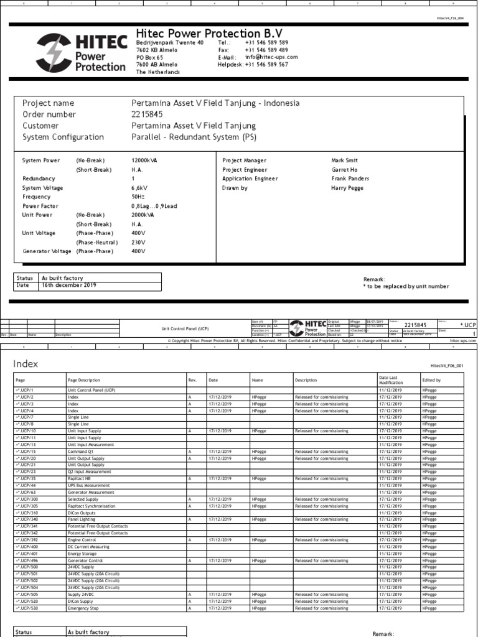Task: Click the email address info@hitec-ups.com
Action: pos(271,57)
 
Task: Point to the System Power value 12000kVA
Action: pos(144,160)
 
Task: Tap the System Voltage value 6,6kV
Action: pos(139,188)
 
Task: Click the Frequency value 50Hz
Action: pos(139,197)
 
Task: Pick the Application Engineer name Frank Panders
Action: pos(350,179)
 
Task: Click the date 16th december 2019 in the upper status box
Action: pos(68,286)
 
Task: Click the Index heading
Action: pos(26,364)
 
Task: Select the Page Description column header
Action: pos(83,380)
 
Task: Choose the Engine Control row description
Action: pos(82,541)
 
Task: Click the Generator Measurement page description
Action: pos(91,492)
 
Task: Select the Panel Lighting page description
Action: pos(81,519)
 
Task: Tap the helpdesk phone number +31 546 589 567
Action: pos(266,65)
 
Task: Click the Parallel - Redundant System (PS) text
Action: pos(194,137)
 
